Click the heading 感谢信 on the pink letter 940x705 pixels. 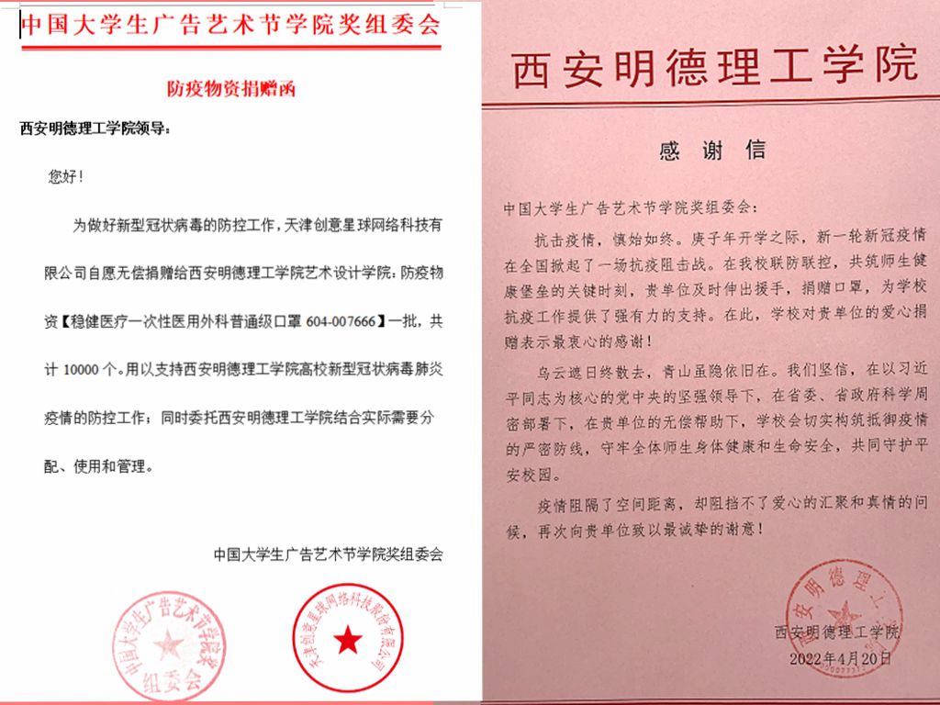[x=712, y=151]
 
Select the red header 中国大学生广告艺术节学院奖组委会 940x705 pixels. [x=230, y=25]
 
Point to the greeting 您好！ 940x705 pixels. [x=66, y=176]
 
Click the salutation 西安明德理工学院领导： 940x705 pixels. [x=95, y=129]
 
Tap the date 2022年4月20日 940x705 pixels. [x=840, y=658]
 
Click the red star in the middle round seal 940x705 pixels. [x=348, y=642]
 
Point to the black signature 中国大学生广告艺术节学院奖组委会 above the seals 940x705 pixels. [x=328, y=554]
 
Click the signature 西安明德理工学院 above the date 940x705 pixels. [x=838, y=633]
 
